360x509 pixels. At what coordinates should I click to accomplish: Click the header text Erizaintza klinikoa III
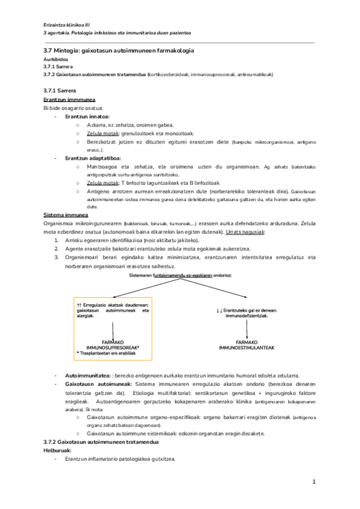[67, 23]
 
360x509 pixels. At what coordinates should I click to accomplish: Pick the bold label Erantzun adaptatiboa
[93, 158]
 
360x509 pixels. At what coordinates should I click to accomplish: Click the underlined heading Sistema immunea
[66, 215]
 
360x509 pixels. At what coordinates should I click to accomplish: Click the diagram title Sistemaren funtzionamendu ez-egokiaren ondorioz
[180, 275]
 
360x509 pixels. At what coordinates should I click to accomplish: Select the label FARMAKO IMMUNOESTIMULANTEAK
[247, 345]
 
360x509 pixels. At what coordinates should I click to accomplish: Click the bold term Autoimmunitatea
[88, 375]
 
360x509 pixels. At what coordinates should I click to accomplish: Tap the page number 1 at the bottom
[314, 482]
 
